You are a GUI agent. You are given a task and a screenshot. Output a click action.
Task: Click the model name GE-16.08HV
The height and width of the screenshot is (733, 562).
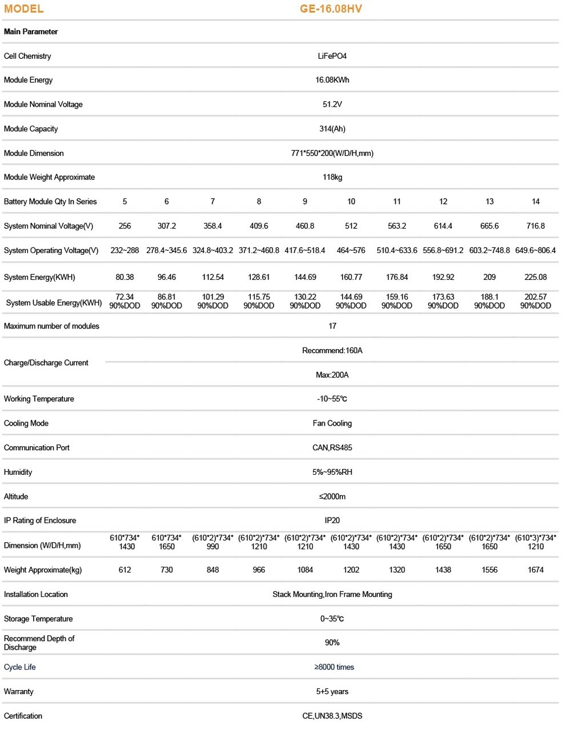[331, 9]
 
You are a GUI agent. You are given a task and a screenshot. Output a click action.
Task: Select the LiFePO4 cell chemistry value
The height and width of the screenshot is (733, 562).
[332, 56]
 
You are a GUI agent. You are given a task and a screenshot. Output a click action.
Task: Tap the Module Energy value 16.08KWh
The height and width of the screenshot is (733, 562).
[332, 80]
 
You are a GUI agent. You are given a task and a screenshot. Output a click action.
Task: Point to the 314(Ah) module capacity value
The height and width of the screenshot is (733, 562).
[332, 129]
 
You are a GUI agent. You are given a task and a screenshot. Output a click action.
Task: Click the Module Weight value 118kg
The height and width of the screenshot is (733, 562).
[332, 177]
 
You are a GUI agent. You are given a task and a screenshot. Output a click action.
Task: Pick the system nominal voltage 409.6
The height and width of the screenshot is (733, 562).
[259, 226]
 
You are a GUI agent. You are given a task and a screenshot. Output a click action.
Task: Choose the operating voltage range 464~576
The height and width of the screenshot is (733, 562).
[351, 251]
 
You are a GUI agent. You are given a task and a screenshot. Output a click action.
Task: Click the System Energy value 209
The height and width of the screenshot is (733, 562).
[489, 278]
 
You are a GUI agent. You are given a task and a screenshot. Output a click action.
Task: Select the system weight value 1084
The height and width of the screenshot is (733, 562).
[305, 570]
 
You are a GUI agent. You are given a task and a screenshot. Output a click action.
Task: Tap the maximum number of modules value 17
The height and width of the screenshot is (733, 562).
[332, 326]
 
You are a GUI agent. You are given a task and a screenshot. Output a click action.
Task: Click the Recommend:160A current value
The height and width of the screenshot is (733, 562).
[332, 351]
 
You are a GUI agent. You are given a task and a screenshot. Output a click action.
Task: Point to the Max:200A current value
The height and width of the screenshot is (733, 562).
[332, 375]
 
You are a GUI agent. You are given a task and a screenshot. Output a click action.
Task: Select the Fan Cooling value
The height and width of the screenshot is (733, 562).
[332, 423]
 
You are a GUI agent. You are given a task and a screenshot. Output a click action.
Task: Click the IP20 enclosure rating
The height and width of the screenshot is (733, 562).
[332, 520]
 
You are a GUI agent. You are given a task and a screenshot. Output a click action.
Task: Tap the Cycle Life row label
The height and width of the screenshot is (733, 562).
[20, 667]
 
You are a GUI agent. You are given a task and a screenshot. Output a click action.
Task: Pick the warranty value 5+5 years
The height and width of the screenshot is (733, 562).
[332, 692]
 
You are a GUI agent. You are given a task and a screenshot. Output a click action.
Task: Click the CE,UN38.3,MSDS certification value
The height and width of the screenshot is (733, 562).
[332, 716]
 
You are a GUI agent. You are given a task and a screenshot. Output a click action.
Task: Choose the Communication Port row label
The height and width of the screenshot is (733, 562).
[37, 448]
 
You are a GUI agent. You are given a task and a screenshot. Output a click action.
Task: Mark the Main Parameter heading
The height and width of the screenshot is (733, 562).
[31, 32]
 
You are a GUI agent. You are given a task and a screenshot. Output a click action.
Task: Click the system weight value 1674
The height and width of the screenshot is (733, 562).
[535, 570]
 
